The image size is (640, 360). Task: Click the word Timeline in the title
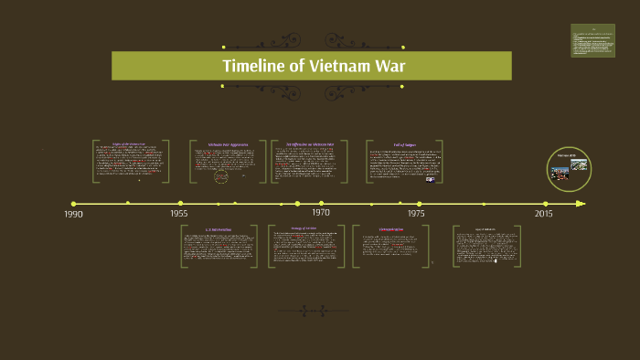click(255, 66)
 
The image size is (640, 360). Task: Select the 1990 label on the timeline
click(73, 214)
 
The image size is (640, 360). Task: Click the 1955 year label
click(179, 214)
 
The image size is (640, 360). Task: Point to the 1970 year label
click(321, 212)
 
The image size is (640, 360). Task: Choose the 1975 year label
click(416, 213)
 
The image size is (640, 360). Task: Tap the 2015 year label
click(544, 213)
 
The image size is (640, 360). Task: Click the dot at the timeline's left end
click(73, 204)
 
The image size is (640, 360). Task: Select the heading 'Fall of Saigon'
click(406, 143)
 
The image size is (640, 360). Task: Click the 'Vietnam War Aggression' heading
click(228, 144)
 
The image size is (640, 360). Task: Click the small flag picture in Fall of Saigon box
click(379, 179)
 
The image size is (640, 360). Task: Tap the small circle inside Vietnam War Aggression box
click(221, 177)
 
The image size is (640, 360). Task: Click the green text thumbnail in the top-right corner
click(592, 40)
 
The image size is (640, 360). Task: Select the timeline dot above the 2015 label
click(546, 204)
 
